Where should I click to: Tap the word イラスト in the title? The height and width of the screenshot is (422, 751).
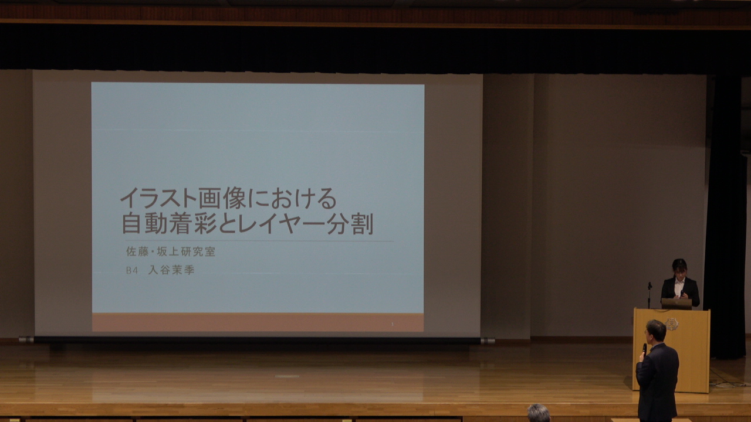[158, 198]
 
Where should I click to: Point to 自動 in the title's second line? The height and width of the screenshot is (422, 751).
[144, 224]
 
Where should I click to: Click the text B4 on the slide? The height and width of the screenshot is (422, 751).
[132, 271]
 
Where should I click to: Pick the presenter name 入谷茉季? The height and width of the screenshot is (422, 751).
[171, 270]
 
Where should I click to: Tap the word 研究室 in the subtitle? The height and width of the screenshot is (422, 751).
[198, 251]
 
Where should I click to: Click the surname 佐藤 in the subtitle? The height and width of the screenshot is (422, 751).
[137, 251]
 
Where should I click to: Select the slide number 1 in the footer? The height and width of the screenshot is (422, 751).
[393, 324]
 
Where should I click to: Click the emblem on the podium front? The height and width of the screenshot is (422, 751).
[672, 324]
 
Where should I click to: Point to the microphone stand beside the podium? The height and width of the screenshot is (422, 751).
[649, 295]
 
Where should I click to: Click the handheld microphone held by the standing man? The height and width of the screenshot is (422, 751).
[644, 350]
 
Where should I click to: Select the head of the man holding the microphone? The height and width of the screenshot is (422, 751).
[656, 332]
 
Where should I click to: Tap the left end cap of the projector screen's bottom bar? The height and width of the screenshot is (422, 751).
[26, 340]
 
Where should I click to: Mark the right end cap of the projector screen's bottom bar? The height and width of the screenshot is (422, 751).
[488, 341]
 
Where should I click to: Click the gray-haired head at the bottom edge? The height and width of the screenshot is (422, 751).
[539, 413]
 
